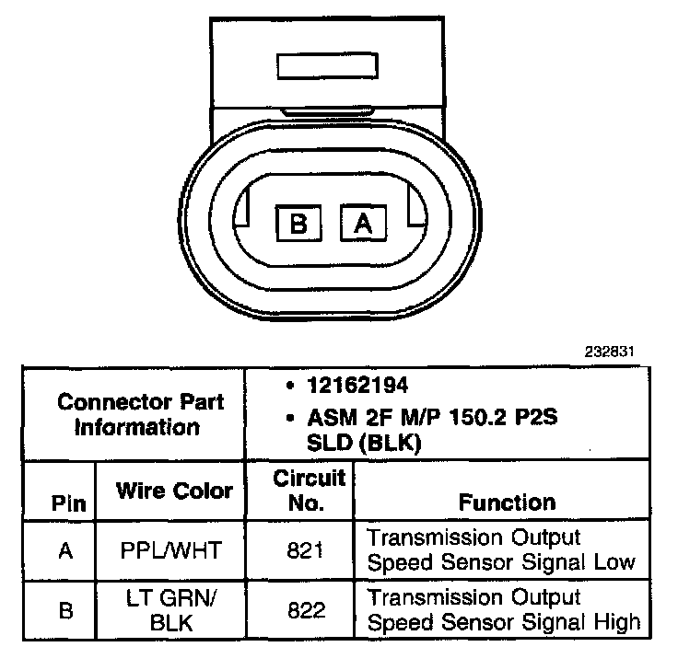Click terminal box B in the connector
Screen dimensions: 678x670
(298, 223)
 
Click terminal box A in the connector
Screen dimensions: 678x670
(363, 223)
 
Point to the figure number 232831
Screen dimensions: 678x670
(610, 352)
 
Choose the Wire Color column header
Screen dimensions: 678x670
(174, 491)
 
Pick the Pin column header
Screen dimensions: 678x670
(68, 503)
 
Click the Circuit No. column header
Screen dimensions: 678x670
(310, 491)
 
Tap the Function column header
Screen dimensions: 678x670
(508, 502)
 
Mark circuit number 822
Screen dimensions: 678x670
(305, 609)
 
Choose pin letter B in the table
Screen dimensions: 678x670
(65, 609)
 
